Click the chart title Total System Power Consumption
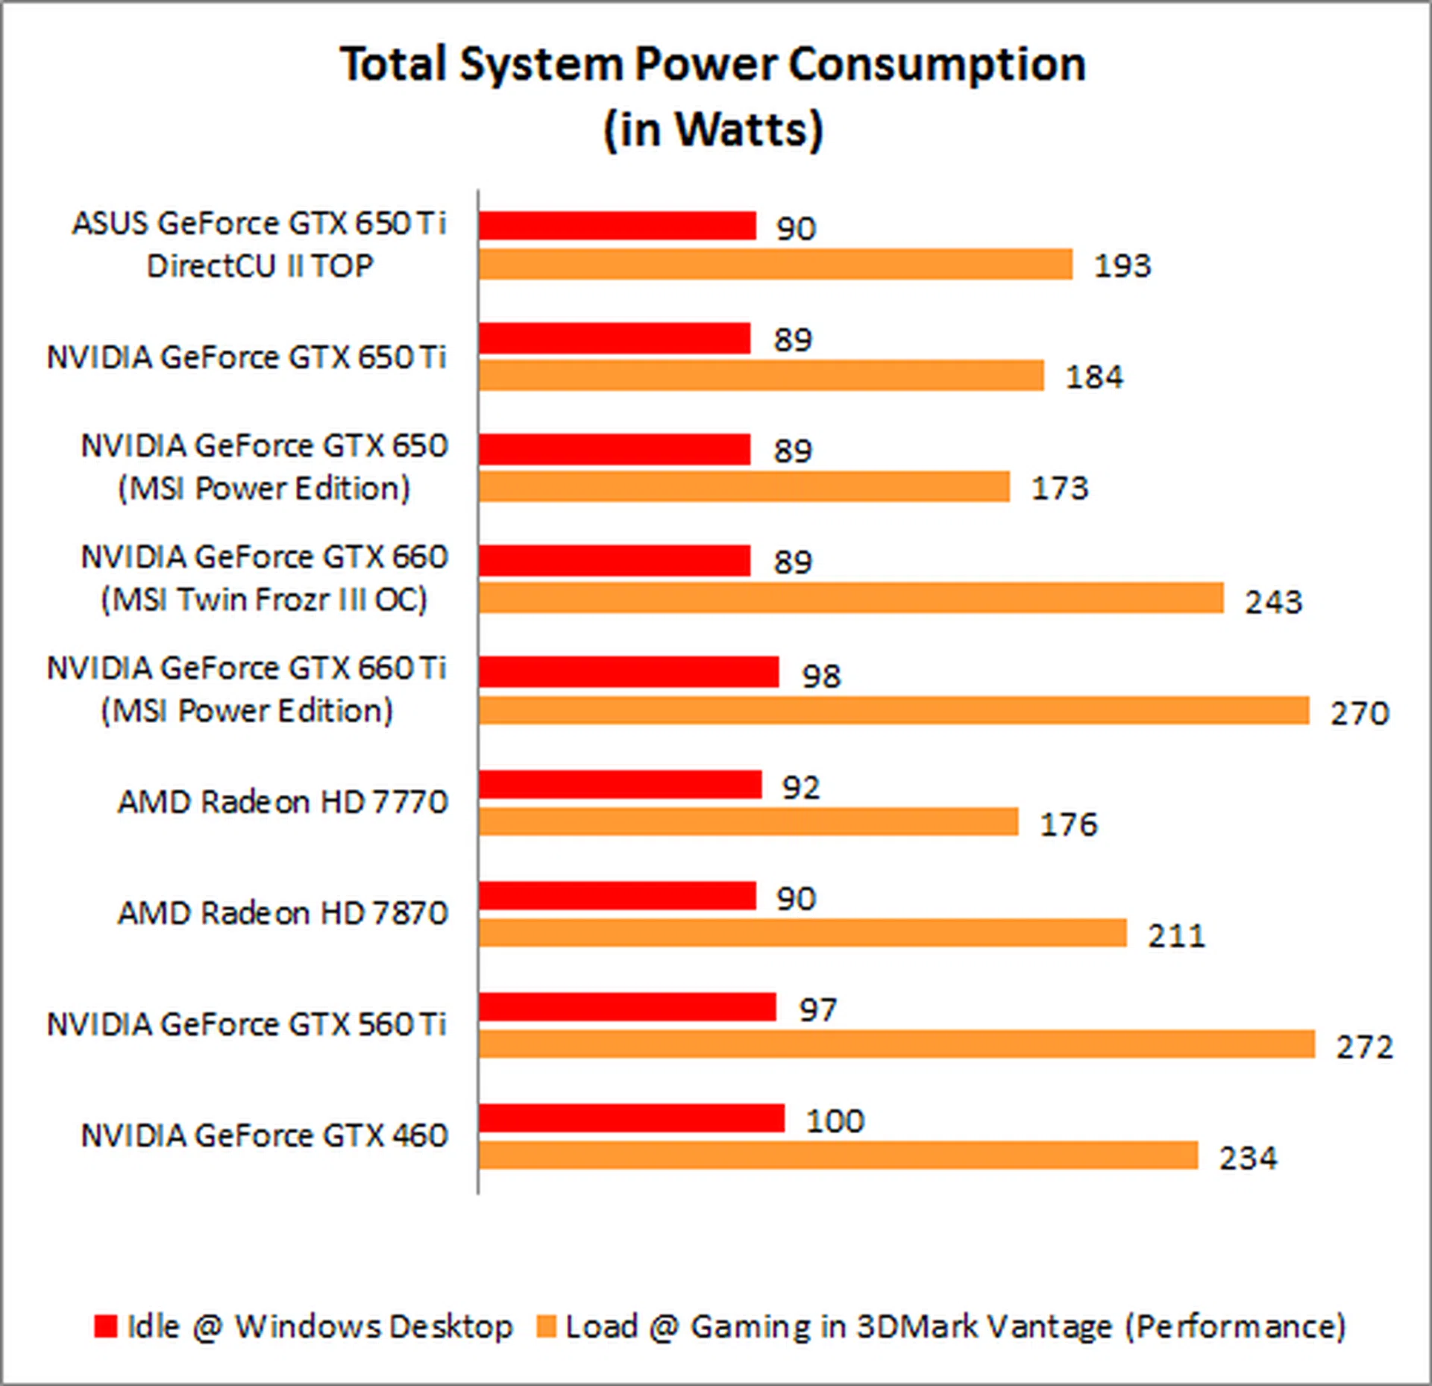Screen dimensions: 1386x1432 [712, 64]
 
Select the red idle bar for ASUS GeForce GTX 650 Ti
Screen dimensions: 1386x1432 [617, 226]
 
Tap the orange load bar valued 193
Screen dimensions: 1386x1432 [776, 264]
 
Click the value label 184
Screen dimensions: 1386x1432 [1093, 377]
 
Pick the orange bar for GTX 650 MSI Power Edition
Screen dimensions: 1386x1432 [744, 487]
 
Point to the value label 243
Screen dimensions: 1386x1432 [1273, 601]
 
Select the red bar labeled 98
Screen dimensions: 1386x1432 [629, 672]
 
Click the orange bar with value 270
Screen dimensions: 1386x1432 [894, 710]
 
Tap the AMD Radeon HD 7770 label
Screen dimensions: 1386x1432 [283, 802]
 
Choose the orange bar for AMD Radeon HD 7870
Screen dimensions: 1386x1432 [803, 933]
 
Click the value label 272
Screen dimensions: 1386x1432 [1364, 1047]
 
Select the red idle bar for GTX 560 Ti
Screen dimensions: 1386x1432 [627, 1007]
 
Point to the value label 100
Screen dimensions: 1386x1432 [835, 1120]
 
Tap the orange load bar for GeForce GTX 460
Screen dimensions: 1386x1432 [838, 1155]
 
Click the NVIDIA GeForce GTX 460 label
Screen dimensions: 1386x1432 [264, 1135]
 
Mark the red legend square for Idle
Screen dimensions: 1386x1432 [106, 1326]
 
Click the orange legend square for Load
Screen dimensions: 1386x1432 [547, 1326]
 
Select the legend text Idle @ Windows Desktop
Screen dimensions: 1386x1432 [320, 1326]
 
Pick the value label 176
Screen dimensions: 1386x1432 [1068, 824]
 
